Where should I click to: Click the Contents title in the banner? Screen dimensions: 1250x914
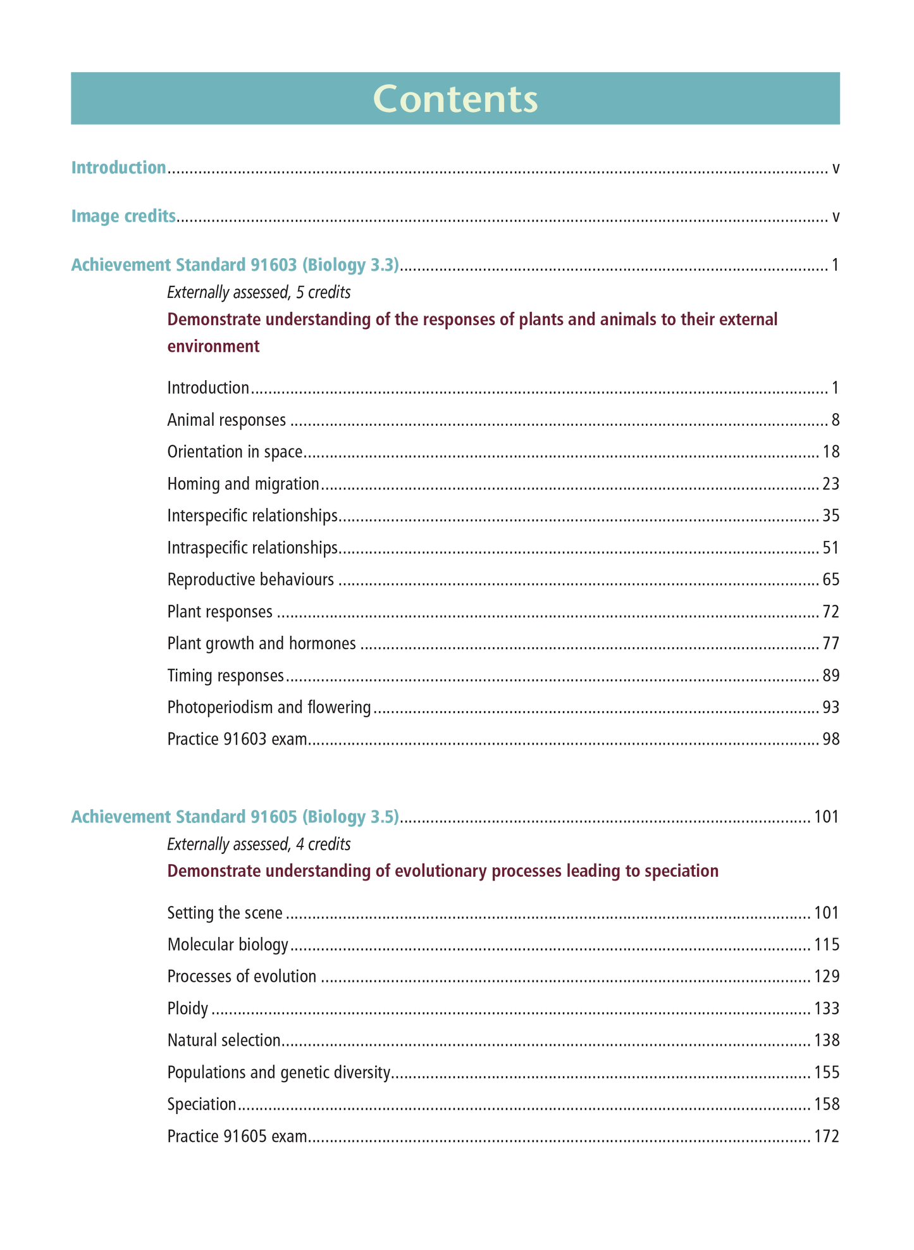[x=455, y=99]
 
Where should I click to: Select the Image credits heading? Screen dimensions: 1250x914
[x=123, y=216]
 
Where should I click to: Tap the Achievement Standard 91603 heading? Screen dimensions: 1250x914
[x=235, y=265]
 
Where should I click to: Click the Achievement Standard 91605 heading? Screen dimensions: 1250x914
[x=235, y=817]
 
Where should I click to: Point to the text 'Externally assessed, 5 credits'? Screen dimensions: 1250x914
[x=259, y=292]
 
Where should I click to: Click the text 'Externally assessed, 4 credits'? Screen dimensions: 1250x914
[x=259, y=844]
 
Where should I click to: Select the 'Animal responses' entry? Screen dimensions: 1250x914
[x=226, y=419]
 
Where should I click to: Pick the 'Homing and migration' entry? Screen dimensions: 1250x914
[x=244, y=484]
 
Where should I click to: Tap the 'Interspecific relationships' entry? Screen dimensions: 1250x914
[x=252, y=516]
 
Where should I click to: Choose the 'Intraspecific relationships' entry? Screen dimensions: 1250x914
[x=252, y=547]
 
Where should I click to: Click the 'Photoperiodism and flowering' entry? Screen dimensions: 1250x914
[x=269, y=707]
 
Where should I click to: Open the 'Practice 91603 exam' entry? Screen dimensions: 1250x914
[x=237, y=739]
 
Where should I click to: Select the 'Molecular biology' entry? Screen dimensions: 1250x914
[x=228, y=944]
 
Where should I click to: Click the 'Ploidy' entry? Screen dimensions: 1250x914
[x=188, y=1008]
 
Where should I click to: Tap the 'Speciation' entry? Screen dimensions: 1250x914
[x=202, y=1104]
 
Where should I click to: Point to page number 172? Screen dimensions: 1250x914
[x=826, y=1136]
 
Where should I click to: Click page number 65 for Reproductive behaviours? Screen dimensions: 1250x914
[x=831, y=579]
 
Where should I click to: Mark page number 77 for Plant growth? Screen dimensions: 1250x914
[x=831, y=643]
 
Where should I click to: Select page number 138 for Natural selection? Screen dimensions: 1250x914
[x=826, y=1040]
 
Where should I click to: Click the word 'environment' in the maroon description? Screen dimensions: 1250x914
[x=213, y=346]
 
